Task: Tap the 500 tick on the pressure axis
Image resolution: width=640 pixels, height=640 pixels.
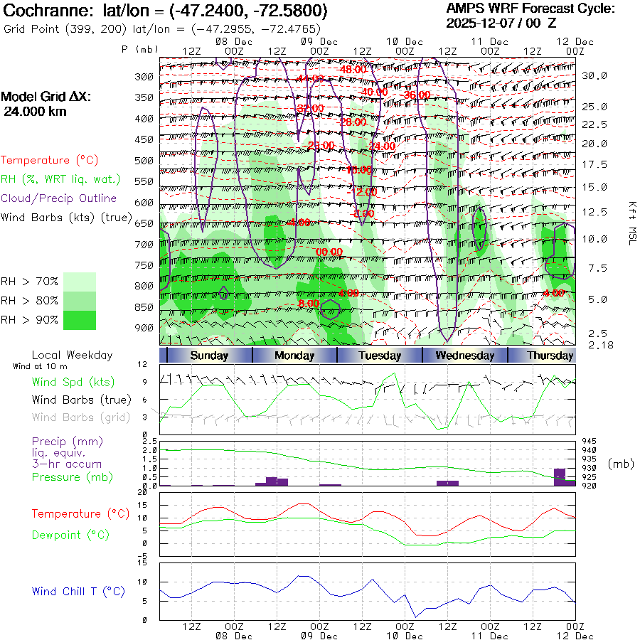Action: point(145,161)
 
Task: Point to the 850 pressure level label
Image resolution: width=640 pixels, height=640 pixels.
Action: point(145,308)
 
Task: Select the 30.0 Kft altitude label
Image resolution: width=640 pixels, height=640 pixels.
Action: point(594,75)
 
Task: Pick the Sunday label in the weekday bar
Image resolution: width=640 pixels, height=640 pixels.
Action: point(209,356)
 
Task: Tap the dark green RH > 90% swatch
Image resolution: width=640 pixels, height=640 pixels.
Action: point(80,320)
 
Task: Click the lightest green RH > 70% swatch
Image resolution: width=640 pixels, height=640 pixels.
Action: point(80,282)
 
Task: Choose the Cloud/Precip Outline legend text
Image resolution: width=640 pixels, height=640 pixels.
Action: point(59,198)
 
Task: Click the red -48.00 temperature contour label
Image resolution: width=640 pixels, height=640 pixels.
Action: point(353,69)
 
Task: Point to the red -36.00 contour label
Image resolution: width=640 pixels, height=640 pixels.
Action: point(415,95)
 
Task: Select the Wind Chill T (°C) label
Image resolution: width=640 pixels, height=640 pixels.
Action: point(78,592)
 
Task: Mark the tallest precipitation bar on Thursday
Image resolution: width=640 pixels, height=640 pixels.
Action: point(560,476)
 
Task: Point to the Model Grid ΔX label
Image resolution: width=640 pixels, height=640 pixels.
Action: point(45,97)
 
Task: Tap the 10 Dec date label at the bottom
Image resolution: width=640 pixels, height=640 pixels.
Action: point(405,636)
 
